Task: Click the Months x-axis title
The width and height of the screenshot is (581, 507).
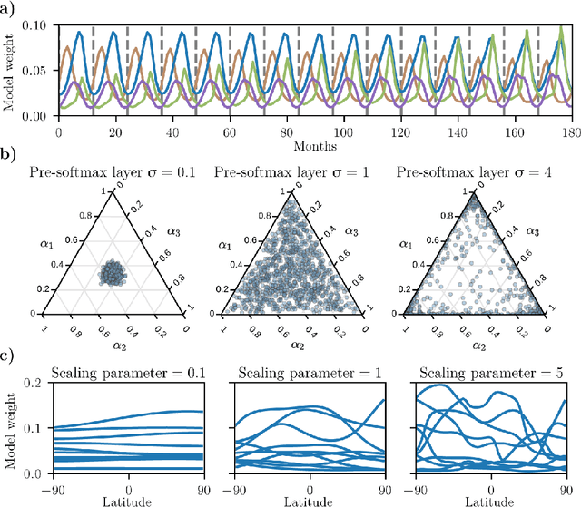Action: pyautogui.click(x=315, y=143)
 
